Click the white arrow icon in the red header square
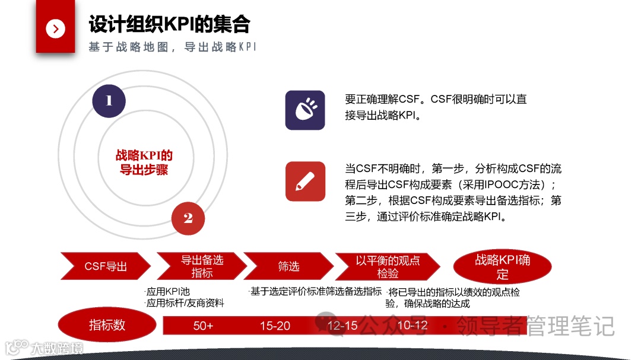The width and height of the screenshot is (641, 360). (x=55, y=28)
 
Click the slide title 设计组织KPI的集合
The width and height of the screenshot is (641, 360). (x=169, y=24)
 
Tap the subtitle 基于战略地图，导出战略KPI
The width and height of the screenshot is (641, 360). (x=172, y=47)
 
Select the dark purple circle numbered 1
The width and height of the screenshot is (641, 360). (x=109, y=101)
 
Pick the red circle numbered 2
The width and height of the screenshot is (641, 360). (x=188, y=218)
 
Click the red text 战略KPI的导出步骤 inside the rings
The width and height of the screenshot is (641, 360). (x=144, y=163)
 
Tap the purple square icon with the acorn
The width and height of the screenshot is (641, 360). (x=305, y=110)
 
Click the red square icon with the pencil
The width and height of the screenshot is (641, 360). (x=305, y=181)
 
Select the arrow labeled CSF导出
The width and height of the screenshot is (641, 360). (x=106, y=266)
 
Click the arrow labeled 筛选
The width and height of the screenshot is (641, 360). (x=289, y=266)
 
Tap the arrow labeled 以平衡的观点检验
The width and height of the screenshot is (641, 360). (x=388, y=266)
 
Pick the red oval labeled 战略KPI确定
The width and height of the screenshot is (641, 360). (x=502, y=266)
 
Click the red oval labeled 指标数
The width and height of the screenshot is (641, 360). (x=107, y=324)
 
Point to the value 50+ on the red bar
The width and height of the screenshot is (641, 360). (x=203, y=326)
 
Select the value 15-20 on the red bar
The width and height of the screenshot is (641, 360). (x=275, y=326)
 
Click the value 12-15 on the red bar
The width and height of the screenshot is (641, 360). (x=342, y=326)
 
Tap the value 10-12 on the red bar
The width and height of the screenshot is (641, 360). (x=412, y=326)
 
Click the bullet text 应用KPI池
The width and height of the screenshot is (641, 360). (x=168, y=292)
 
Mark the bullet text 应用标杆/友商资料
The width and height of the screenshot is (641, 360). (x=185, y=303)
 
